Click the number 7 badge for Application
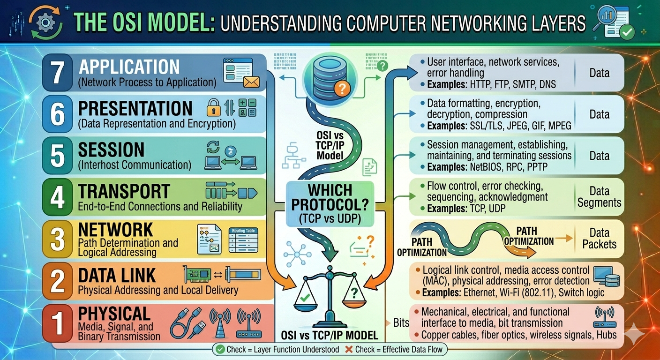(58, 73)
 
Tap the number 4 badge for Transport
(58, 197)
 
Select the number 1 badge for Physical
(58, 323)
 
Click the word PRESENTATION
(135, 108)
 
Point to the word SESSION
(112, 150)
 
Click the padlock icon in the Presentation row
(214, 107)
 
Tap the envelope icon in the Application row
(251, 82)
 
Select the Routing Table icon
(243, 240)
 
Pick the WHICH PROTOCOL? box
(330, 204)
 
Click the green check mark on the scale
(305, 298)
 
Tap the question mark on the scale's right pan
(354, 293)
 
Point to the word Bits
(401, 323)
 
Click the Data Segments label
(600, 197)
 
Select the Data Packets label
(600, 238)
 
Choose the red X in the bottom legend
(349, 350)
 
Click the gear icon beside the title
(45, 22)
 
